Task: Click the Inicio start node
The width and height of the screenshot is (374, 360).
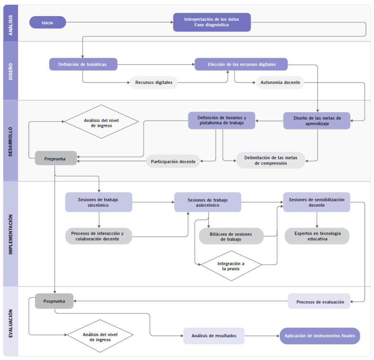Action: coord(47,22)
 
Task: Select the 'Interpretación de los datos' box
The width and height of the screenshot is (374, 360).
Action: coord(211,22)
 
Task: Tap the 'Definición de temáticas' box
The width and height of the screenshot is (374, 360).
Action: coord(83,64)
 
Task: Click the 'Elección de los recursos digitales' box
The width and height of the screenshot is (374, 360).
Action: coord(241,64)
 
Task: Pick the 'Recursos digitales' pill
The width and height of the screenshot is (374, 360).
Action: coord(154,83)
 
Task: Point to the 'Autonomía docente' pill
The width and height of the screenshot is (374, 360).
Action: coord(280,83)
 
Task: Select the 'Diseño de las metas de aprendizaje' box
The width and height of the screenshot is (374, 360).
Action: coord(317,121)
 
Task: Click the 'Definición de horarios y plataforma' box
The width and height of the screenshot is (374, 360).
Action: coord(222,120)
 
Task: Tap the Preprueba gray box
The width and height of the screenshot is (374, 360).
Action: coord(55,158)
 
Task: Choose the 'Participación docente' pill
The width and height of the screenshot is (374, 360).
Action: coord(173,161)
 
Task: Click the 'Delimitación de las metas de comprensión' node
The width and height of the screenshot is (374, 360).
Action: coord(270,160)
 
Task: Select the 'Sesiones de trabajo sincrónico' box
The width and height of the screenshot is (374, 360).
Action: coord(98,202)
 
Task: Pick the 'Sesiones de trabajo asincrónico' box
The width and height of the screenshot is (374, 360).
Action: coord(207,203)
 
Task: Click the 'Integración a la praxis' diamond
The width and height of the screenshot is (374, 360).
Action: coord(231,266)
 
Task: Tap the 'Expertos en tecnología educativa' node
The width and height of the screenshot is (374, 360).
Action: coord(317,236)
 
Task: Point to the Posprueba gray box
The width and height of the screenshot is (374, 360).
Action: coord(54,301)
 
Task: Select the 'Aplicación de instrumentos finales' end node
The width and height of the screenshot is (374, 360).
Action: coord(320,336)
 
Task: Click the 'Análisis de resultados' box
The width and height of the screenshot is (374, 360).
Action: coord(214,336)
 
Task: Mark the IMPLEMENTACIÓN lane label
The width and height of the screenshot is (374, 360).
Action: coord(11,234)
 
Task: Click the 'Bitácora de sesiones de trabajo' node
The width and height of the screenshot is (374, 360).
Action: coord(231,236)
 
